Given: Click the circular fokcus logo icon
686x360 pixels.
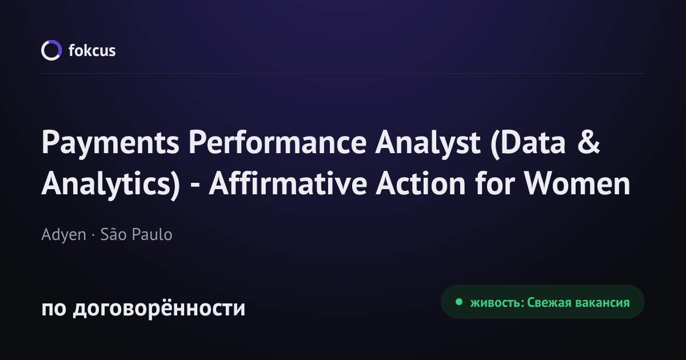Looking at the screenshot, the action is point(51,41).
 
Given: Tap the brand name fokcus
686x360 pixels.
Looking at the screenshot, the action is point(92,50).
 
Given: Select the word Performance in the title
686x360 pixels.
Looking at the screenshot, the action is point(277,142).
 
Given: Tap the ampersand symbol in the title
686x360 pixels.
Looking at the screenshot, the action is point(588,142).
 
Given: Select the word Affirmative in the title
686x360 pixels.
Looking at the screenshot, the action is point(288,183).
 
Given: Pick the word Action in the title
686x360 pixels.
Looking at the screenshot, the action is point(421,183).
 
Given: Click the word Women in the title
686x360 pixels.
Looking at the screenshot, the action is point(577,183).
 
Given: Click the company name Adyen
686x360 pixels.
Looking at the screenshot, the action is point(63,235).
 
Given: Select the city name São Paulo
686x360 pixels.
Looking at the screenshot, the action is point(136,234).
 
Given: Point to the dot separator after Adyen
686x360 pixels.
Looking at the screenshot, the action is point(93,235).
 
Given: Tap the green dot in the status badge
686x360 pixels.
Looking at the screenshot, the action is point(458,302).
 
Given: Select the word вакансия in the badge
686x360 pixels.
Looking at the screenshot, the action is point(603,303).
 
